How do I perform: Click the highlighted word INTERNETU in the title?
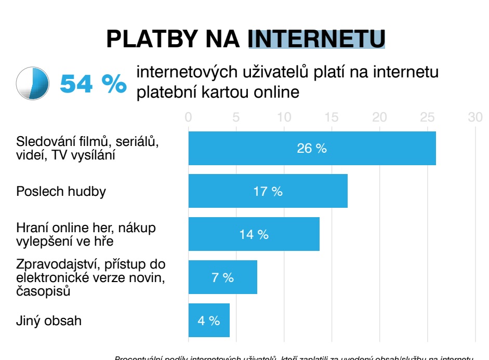pyautogui.click(x=316, y=38)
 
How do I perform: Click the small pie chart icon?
pyautogui.click(x=32, y=83)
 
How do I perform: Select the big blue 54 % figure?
pyautogui.click(x=93, y=83)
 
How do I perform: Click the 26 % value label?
pyautogui.click(x=312, y=149)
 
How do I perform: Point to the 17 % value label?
pyautogui.click(x=268, y=191)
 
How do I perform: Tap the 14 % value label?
pyautogui.click(x=254, y=234)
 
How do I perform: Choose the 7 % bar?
pyautogui.click(x=222, y=277)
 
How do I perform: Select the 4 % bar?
pyautogui.click(x=209, y=321)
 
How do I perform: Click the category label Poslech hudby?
pyautogui.click(x=61, y=191)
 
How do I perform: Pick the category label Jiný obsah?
pyautogui.click(x=49, y=321)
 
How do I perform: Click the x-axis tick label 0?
pyautogui.click(x=189, y=117)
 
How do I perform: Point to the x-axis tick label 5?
pyautogui.click(x=236, y=117)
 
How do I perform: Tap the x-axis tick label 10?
pyautogui.click(x=284, y=117)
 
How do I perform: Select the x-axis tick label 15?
pyautogui.click(x=332, y=117)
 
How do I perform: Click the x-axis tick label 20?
pyautogui.click(x=380, y=117)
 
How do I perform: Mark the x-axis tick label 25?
pyautogui.click(x=428, y=117)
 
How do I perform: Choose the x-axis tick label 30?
pyautogui.click(x=475, y=117)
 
